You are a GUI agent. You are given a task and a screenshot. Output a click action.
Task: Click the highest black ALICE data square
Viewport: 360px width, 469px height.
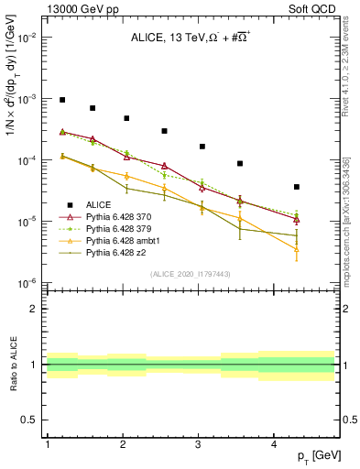click(x=62, y=100)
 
